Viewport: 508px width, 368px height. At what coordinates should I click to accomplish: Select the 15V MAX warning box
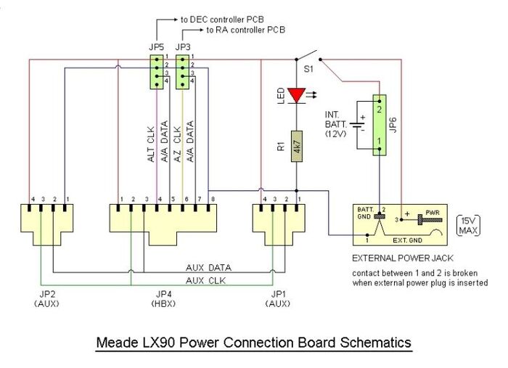[x=467, y=225]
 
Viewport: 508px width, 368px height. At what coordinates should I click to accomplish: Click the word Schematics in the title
[x=367, y=342]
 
